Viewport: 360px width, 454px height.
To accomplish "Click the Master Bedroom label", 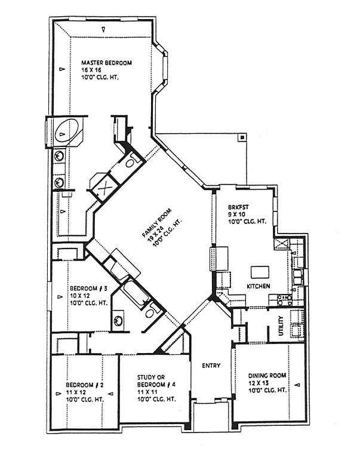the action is coord(106,63).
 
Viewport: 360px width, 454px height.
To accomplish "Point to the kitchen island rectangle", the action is coord(260,272).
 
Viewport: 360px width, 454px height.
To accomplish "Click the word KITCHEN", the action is coord(259,286).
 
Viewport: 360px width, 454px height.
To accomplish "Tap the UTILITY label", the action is coord(281,326).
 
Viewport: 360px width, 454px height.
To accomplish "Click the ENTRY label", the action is coord(211,366).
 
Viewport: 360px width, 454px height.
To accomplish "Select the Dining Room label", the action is coord(267,376).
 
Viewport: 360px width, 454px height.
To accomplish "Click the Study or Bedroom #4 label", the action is coord(156,381).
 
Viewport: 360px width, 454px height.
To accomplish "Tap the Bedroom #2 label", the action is coord(85,385).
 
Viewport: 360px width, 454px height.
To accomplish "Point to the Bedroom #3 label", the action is coord(88,289).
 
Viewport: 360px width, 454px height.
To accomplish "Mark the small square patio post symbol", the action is coord(242,137).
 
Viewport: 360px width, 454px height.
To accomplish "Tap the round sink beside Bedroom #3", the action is coord(118,320).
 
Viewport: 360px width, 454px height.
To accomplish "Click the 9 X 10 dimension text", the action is coord(237,214).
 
